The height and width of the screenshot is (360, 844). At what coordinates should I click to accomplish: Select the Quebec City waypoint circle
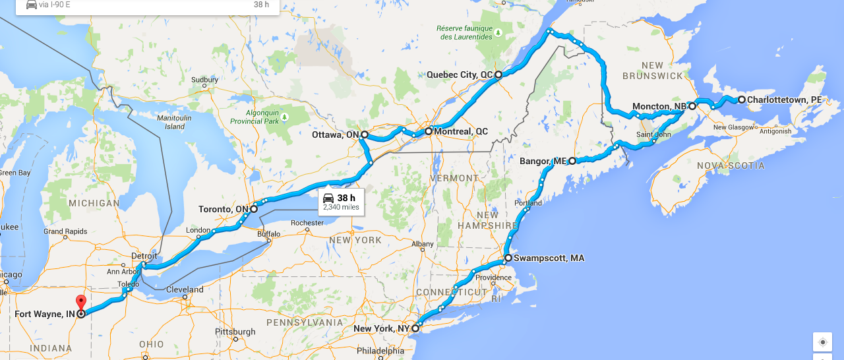pyautogui.click(x=498, y=75)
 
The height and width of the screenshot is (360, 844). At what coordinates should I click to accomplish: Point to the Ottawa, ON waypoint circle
pyautogui.click(x=364, y=135)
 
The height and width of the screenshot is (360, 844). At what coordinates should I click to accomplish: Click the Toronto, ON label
pyautogui.click(x=223, y=210)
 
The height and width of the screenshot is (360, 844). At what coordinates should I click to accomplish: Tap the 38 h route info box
pyautogui.click(x=340, y=201)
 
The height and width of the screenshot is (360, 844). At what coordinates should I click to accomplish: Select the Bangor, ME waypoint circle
pyautogui.click(x=572, y=160)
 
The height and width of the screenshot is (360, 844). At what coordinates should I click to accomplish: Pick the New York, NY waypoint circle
pyautogui.click(x=415, y=328)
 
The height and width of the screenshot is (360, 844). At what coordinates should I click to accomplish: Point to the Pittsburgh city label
pyautogui.click(x=235, y=331)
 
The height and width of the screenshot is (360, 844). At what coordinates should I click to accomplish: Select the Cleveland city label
pyautogui.click(x=185, y=289)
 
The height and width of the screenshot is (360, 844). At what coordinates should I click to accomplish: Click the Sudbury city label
pyautogui.click(x=204, y=80)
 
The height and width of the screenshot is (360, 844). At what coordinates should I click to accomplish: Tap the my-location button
pyautogui.click(x=822, y=342)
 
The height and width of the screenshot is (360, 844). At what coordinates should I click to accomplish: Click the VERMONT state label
pyautogui.click(x=454, y=178)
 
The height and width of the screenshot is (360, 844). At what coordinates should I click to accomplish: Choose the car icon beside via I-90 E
pyautogui.click(x=31, y=5)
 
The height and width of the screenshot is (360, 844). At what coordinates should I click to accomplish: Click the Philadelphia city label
pyautogui.click(x=381, y=351)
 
